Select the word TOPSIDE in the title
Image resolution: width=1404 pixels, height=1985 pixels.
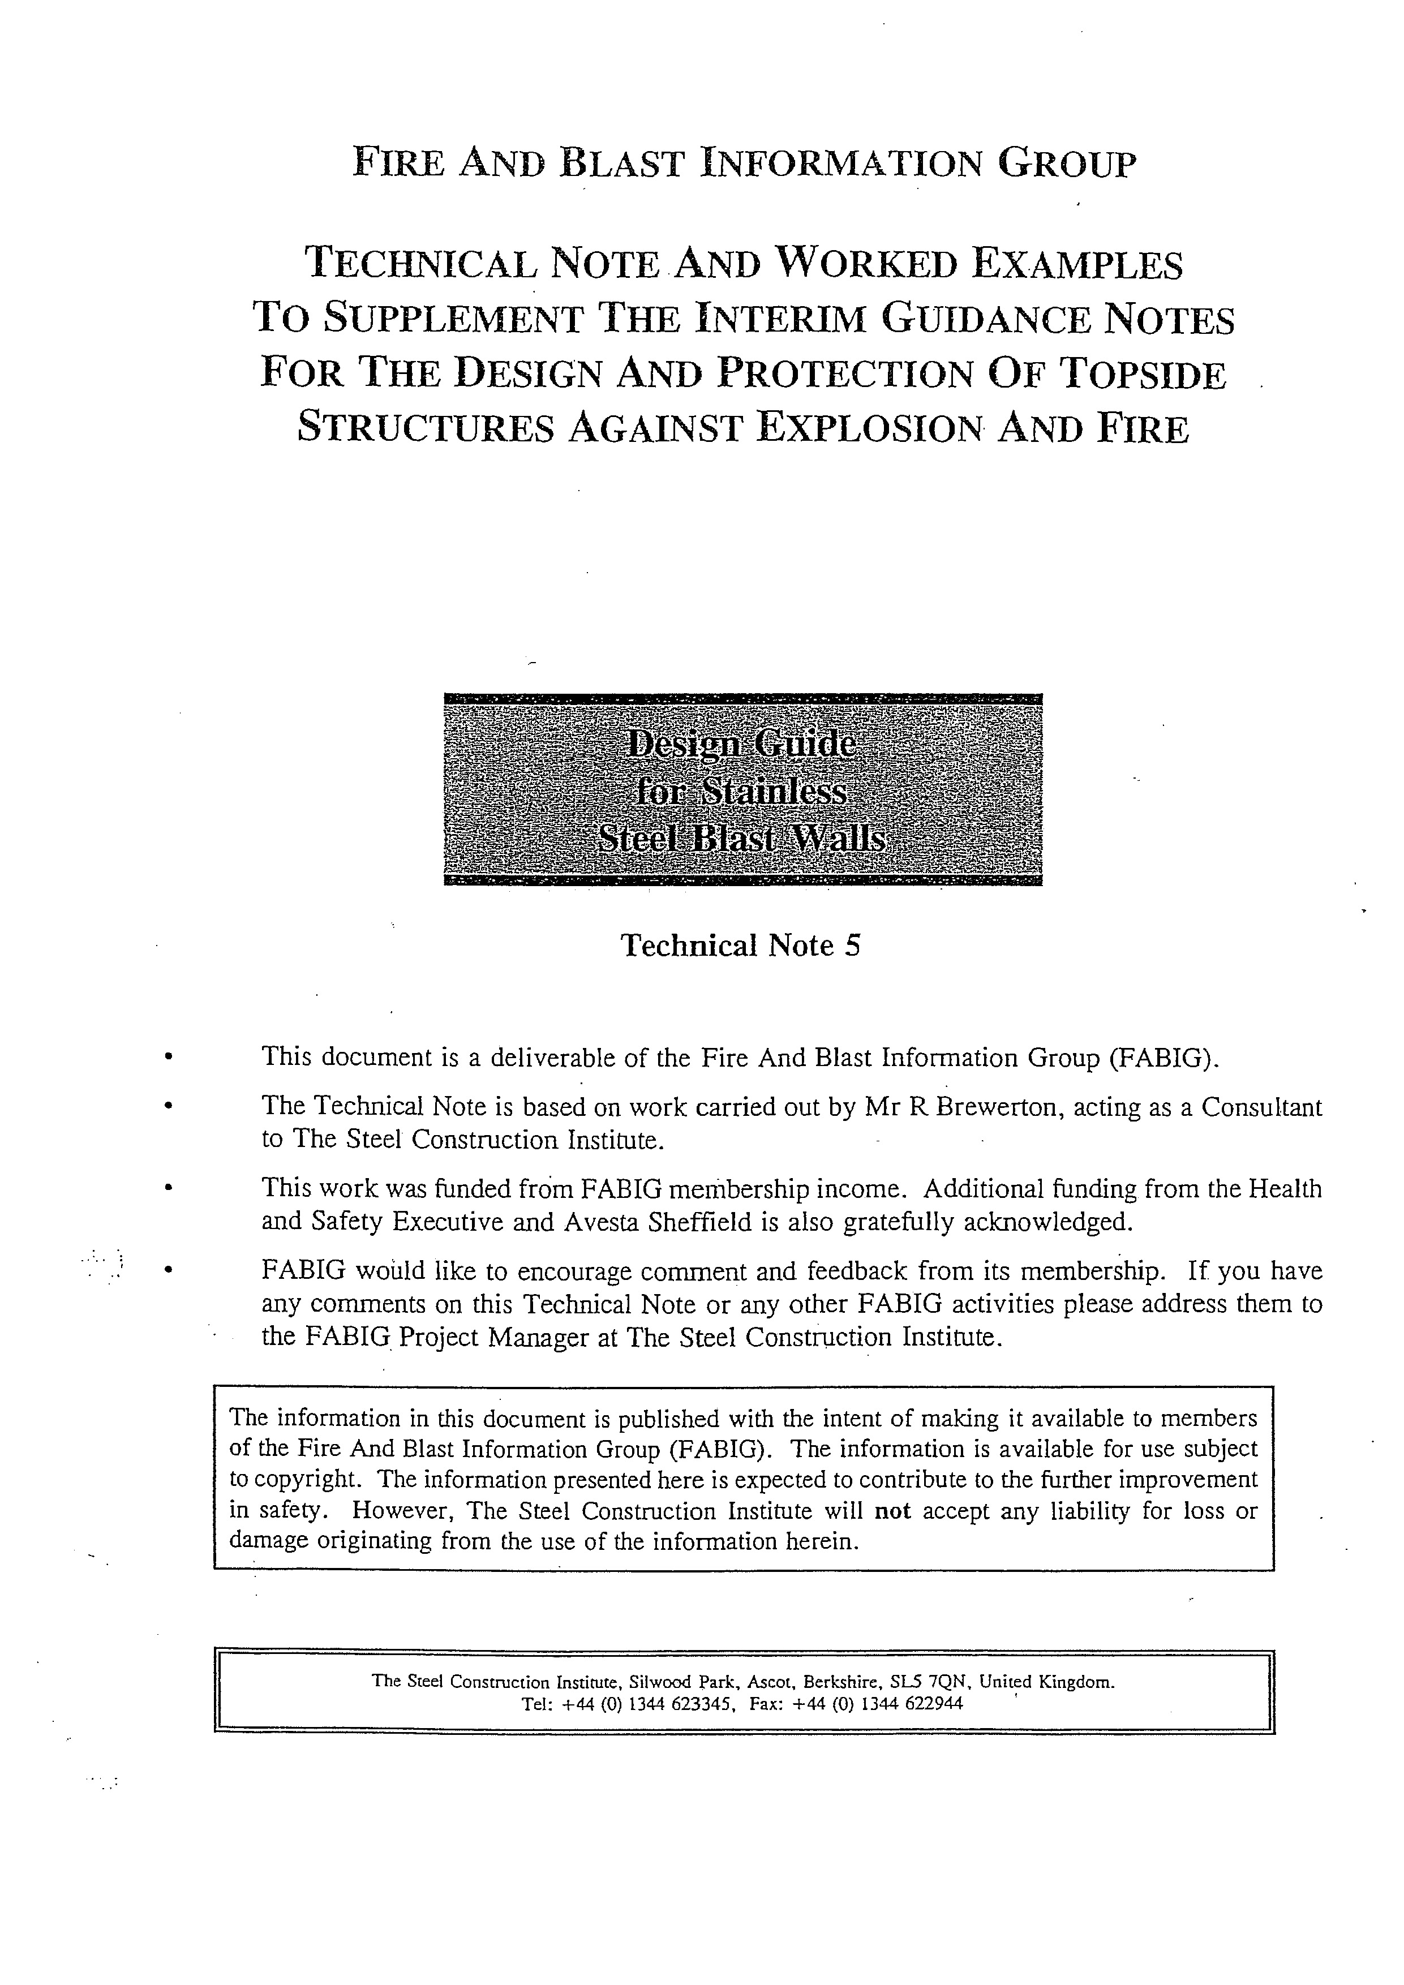[x=1142, y=375]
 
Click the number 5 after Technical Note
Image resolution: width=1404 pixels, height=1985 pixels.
[x=852, y=946]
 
